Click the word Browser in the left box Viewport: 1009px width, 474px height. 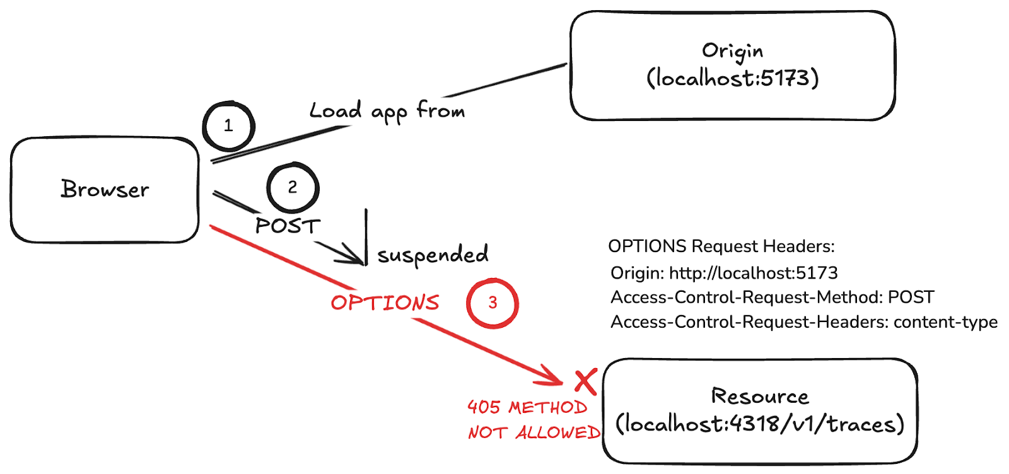pos(105,189)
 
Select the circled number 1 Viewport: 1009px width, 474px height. pos(229,125)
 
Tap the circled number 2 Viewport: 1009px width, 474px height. pos(293,187)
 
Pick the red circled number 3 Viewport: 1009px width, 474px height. pos(493,303)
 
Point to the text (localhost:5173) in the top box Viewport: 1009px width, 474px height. pos(732,78)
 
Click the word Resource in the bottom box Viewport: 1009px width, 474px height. pos(760,396)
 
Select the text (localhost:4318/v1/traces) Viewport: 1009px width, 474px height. pos(760,424)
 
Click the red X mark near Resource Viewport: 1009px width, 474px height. pos(586,382)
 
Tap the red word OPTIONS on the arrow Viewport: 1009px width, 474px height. pos(385,303)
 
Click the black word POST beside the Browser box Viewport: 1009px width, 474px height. pos(288,226)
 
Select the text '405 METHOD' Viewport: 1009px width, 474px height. pos(527,407)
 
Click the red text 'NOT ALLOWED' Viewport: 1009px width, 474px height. pos(535,432)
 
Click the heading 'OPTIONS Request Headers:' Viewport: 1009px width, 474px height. pos(721,246)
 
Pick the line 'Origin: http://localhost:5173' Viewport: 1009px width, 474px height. pos(724,273)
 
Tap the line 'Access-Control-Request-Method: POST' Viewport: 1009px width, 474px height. pos(772,297)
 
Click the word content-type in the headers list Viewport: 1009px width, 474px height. pos(945,322)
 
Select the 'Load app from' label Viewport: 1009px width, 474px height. pos(387,111)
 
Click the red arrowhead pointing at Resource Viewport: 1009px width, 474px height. pos(552,376)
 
